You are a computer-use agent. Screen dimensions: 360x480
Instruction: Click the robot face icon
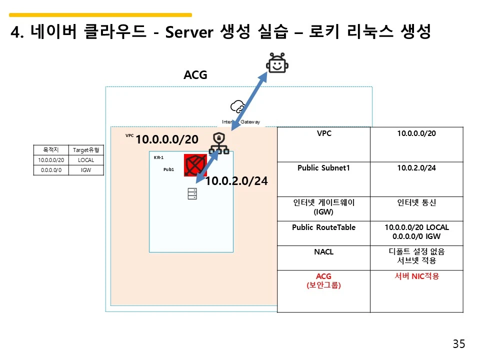tap(277, 63)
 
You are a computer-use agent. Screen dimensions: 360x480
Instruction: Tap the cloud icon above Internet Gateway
tap(237, 106)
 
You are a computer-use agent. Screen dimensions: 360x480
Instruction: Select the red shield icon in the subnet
tap(195, 165)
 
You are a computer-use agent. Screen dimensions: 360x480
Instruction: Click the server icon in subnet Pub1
tap(192, 193)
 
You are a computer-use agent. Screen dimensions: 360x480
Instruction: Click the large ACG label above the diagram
tap(195, 75)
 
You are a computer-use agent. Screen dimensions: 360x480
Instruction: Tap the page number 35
tap(458, 344)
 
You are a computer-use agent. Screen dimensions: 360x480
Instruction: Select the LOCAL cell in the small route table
tap(86, 160)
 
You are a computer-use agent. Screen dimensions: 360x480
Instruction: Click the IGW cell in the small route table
tap(86, 170)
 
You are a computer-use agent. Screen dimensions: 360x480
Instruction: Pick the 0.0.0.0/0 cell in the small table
tap(50, 170)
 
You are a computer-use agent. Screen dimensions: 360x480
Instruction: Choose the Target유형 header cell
tap(86, 150)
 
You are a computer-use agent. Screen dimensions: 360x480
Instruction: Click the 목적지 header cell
tap(50, 150)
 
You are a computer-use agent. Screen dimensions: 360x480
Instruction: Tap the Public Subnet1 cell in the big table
tap(323, 168)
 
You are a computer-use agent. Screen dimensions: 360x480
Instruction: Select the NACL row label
tap(323, 252)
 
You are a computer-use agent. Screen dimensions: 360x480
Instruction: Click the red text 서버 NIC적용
tap(416, 276)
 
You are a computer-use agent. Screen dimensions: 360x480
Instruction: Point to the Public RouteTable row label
tap(323, 227)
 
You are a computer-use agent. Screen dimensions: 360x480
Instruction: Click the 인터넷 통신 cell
tap(416, 203)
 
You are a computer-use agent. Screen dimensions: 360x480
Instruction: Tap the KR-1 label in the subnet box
tap(158, 157)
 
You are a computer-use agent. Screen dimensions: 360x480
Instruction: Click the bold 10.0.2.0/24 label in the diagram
tap(236, 181)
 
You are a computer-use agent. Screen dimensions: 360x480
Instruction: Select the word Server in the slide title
tap(190, 33)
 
